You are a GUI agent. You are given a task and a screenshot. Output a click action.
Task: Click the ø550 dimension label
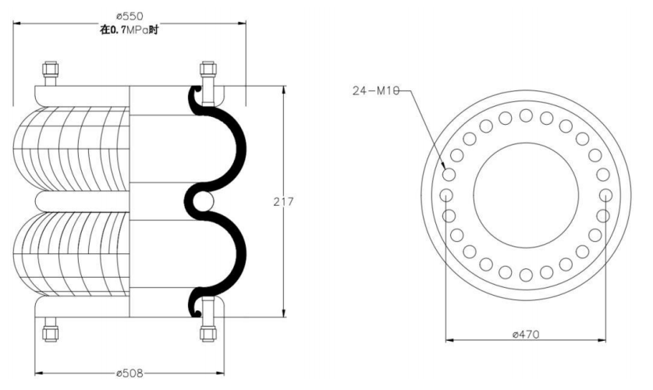[x=130, y=16]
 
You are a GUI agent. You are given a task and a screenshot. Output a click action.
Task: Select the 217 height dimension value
[x=283, y=202]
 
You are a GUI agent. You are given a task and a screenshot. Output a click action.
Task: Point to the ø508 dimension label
[x=130, y=374]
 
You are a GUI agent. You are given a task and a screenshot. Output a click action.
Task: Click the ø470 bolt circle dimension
[x=526, y=334]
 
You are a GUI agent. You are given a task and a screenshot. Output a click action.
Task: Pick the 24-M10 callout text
[x=376, y=90]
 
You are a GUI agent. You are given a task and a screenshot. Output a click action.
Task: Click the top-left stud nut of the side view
[x=51, y=69]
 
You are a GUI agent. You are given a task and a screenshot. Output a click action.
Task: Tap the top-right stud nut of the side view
[x=208, y=69]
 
